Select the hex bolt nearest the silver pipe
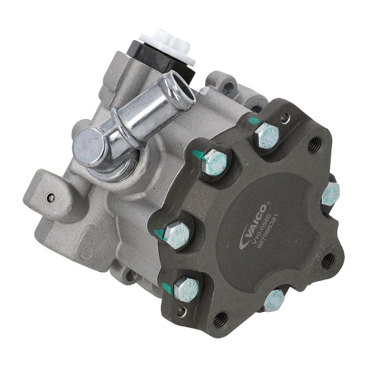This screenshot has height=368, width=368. tap(215, 163)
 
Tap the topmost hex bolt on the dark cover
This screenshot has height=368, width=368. tap(267, 135)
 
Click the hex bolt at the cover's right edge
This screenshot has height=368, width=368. tap(330, 193)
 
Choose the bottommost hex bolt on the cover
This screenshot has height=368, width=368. tap(274, 300)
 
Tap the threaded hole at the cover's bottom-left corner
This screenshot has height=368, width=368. tap(221, 318)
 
